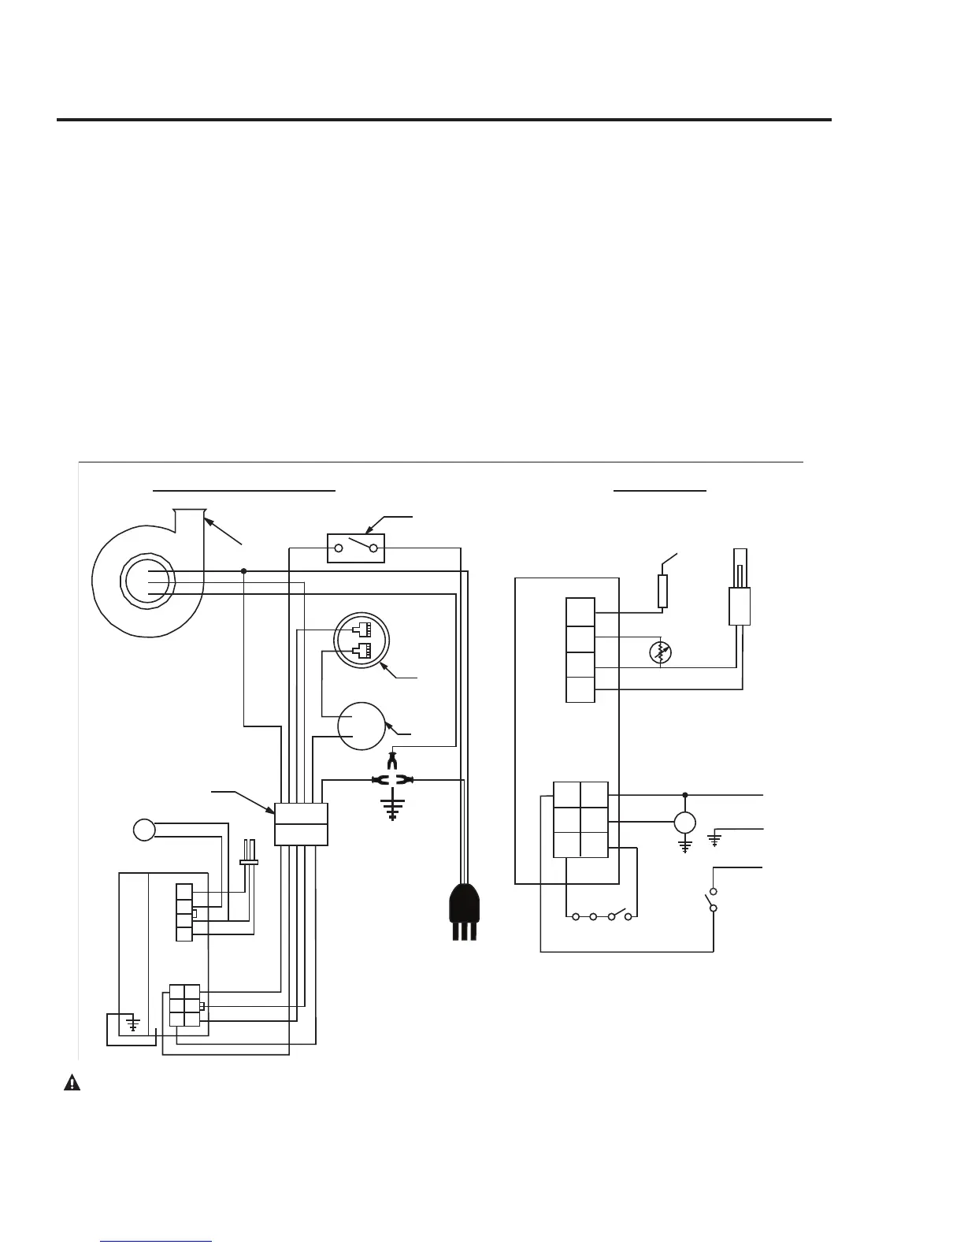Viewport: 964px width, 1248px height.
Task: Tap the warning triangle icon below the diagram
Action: [x=72, y=1083]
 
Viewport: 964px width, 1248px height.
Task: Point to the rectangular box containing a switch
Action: [x=356, y=548]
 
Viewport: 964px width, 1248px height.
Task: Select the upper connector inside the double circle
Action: [x=362, y=630]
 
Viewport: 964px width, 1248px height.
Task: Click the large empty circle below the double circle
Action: [x=361, y=726]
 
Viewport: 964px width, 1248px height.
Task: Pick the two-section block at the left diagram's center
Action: [x=301, y=824]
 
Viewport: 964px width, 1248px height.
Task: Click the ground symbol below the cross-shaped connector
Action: [x=392, y=808]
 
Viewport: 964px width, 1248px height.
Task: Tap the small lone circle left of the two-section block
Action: [x=144, y=830]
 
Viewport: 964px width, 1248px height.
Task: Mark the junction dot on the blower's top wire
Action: [x=244, y=570]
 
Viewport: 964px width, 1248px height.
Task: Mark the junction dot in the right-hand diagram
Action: [x=684, y=795]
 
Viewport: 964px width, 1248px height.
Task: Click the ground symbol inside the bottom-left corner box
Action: [x=134, y=1024]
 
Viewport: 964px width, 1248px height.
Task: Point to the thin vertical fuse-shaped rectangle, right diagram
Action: [x=663, y=591]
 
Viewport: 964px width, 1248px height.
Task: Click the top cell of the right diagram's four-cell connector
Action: [x=580, y=612]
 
